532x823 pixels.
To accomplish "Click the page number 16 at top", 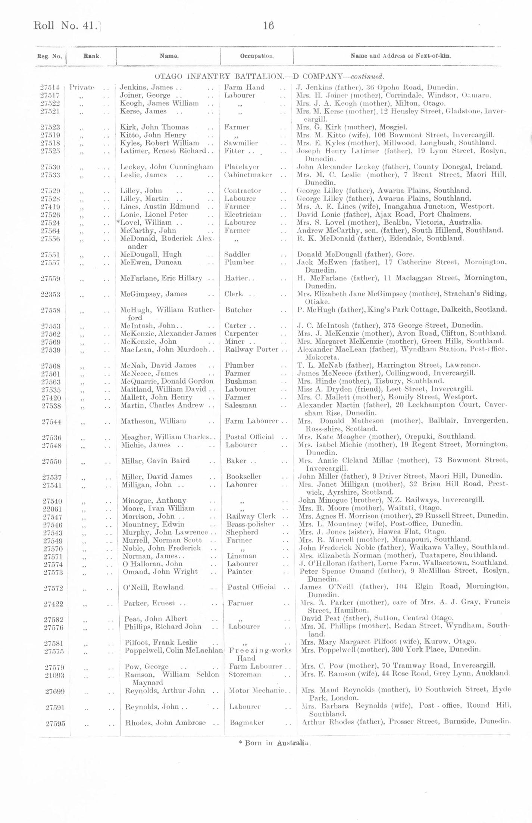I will point(268,25).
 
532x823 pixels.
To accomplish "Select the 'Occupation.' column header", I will point(257,56).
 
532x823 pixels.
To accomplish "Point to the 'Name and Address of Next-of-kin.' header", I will point(401,56).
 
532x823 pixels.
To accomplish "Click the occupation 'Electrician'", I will point(242,215).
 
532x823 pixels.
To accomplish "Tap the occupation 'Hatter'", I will point(237,278).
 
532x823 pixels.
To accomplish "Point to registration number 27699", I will point(55,691).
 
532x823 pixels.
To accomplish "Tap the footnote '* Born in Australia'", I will point(274,743).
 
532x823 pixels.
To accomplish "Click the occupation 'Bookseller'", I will point(244,477).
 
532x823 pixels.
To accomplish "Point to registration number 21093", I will point(54,675).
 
